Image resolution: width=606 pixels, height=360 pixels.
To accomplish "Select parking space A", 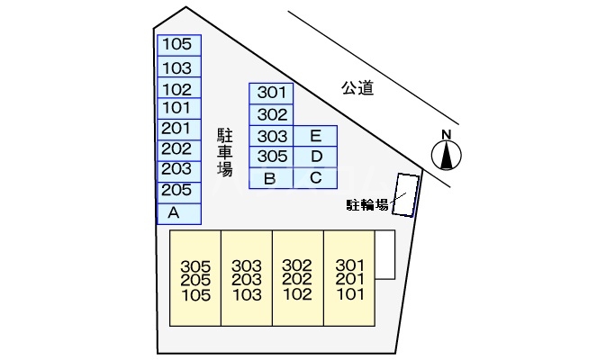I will click(x=178, y=213).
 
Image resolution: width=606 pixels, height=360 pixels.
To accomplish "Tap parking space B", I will click(x=270, y=178).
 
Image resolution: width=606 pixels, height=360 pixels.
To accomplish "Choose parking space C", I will click(x=315, y=178).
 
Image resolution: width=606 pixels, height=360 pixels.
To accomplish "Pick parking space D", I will click(x=315, y=157).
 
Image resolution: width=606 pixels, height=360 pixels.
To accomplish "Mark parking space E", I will click(x=315, y=136).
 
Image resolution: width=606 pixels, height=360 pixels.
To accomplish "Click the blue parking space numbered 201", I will click(x=178, y=129).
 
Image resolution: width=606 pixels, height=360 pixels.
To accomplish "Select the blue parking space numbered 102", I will click(x=178, y=89).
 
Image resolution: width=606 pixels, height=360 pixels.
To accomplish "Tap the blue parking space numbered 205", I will click(x=178, y=190).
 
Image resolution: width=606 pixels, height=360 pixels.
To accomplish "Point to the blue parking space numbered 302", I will click(x=271, y=114).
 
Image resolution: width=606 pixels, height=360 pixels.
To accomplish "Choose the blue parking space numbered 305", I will click(x=271, y=157).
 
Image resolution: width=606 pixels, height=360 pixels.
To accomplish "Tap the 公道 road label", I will click(x=357, y=87).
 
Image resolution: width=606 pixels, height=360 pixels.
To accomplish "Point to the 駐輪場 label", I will click(x=367, y=205).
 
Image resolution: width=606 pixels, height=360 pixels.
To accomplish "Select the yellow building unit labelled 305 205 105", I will click(x=195, y=280).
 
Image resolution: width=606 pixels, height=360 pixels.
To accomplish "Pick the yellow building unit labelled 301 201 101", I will click(x=348, y=280).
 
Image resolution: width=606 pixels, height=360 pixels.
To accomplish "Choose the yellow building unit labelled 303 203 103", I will click(x=246, y=280).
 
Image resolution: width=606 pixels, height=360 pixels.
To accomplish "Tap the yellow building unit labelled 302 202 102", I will click(x=297, y=280).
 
